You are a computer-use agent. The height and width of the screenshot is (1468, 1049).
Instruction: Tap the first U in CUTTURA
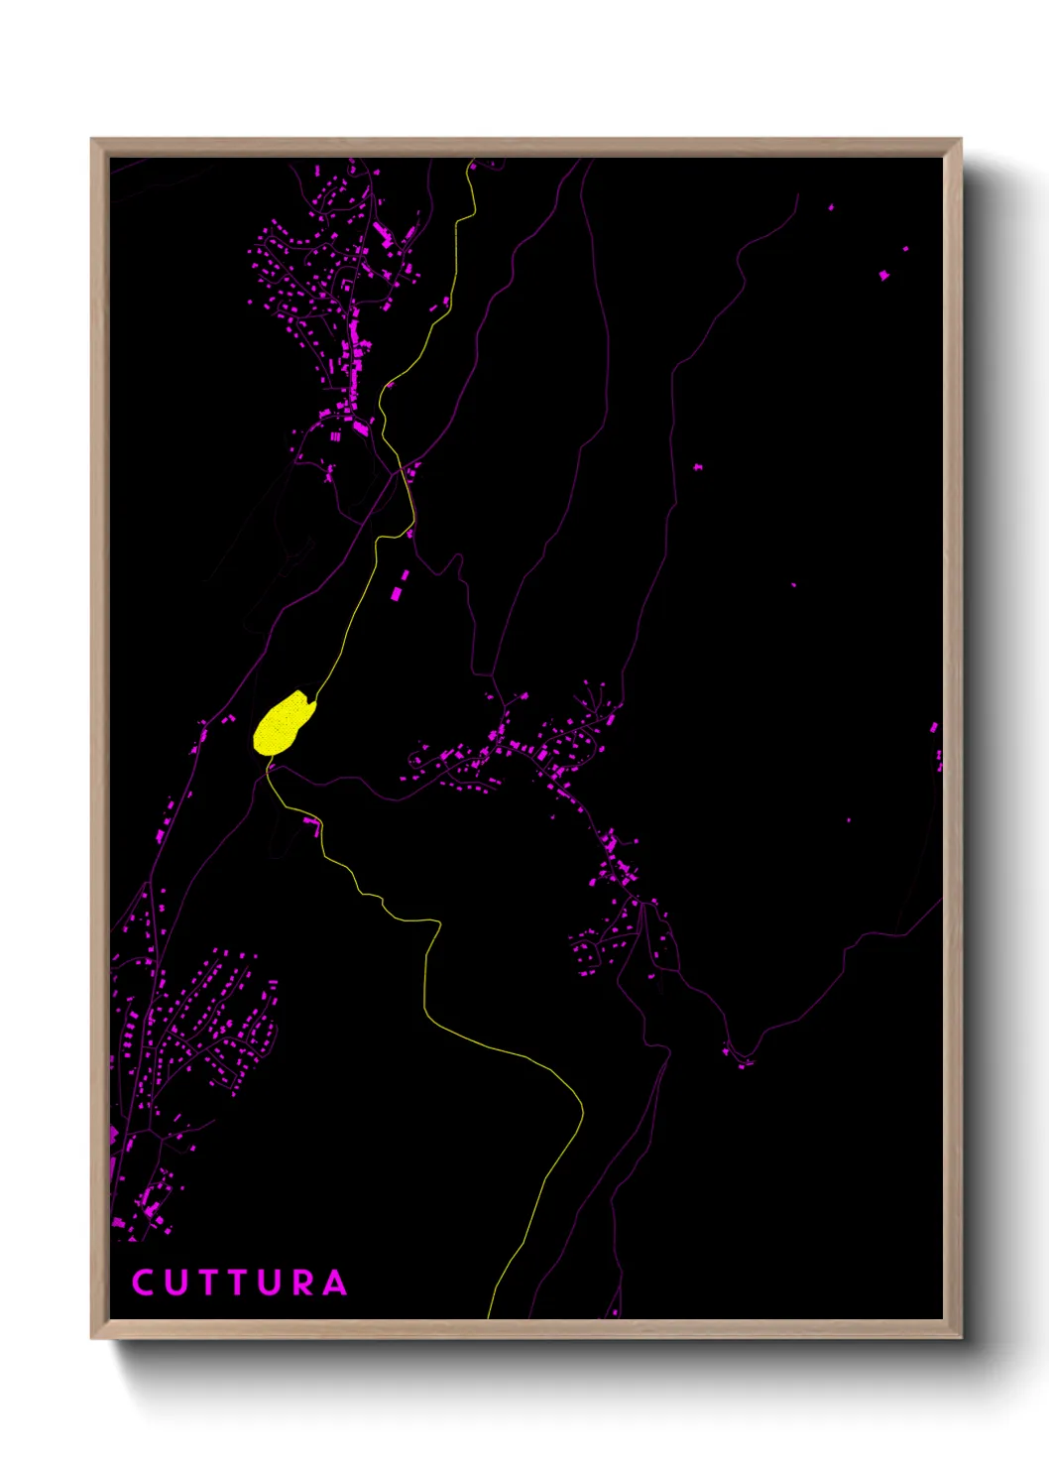coord(175,1283)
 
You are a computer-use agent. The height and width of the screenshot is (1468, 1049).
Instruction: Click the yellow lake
coord(284,723)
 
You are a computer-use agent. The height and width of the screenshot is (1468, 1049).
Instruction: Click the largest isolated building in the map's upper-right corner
coord(884,275)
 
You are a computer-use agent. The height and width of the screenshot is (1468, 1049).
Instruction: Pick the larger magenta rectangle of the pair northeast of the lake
coord(397,593)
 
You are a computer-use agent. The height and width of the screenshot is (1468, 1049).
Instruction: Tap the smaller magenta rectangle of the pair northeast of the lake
coord(405,575)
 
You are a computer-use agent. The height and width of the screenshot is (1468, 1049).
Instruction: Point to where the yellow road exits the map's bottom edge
coord(489,1316)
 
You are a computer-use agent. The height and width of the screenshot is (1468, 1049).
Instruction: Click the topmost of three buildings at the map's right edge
coord(933,728)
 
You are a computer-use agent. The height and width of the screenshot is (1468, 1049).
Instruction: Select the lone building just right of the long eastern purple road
coord(698,466)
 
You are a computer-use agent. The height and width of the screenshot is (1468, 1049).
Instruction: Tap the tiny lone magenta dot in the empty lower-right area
coord(848,820)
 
